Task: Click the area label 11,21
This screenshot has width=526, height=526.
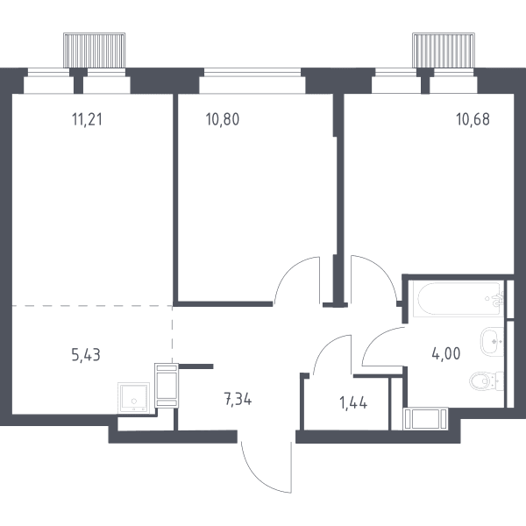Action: click(87, 119)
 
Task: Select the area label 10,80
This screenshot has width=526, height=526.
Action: click(223, 119)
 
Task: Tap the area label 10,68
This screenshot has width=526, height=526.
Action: click(473, 119)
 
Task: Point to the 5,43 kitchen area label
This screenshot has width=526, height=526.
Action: click(86, 355)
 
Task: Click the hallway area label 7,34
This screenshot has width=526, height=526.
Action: click(238, 400)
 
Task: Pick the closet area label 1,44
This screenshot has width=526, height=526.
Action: click(353, 402)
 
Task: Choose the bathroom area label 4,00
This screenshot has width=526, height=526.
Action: click(446, 353)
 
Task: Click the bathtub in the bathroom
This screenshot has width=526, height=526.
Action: click(458, 299)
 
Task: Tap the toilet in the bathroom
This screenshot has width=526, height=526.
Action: click(486, 381)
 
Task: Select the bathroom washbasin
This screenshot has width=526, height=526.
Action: click(492, 342)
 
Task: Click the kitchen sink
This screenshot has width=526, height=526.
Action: click(133, 398)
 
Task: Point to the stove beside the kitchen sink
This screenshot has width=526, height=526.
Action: click(167, 386)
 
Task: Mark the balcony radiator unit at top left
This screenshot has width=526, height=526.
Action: click(95, 50)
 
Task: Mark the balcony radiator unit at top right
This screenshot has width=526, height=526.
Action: click(444, 50)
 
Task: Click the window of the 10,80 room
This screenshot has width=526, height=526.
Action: click(252, 73)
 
